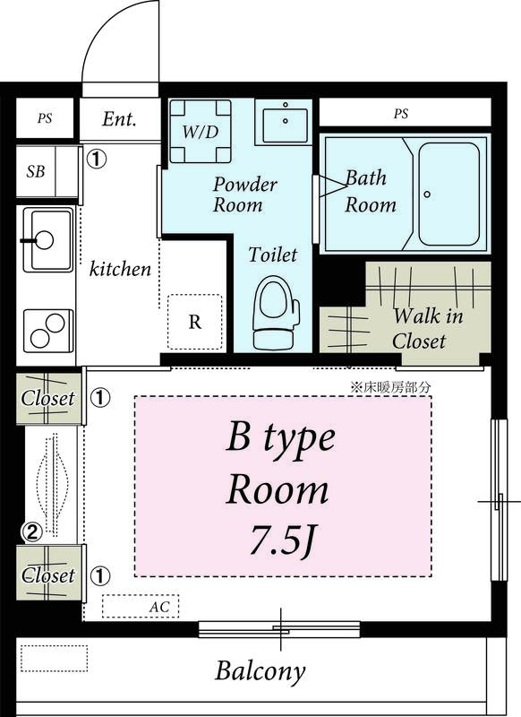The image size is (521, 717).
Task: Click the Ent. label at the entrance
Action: pyautogui.click(x=119, y=120)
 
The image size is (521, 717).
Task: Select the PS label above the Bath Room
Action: pyautogui.click(x=400, y=114)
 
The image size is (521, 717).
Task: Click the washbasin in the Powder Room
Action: pyautogui.click(x=284, y=121)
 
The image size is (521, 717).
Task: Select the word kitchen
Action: pyautogui.click(x=120, y=269)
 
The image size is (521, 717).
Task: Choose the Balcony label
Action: pyautogui.click(x=260, y=670)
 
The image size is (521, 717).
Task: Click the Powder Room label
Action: pyautogui.click(x=244, y=194)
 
